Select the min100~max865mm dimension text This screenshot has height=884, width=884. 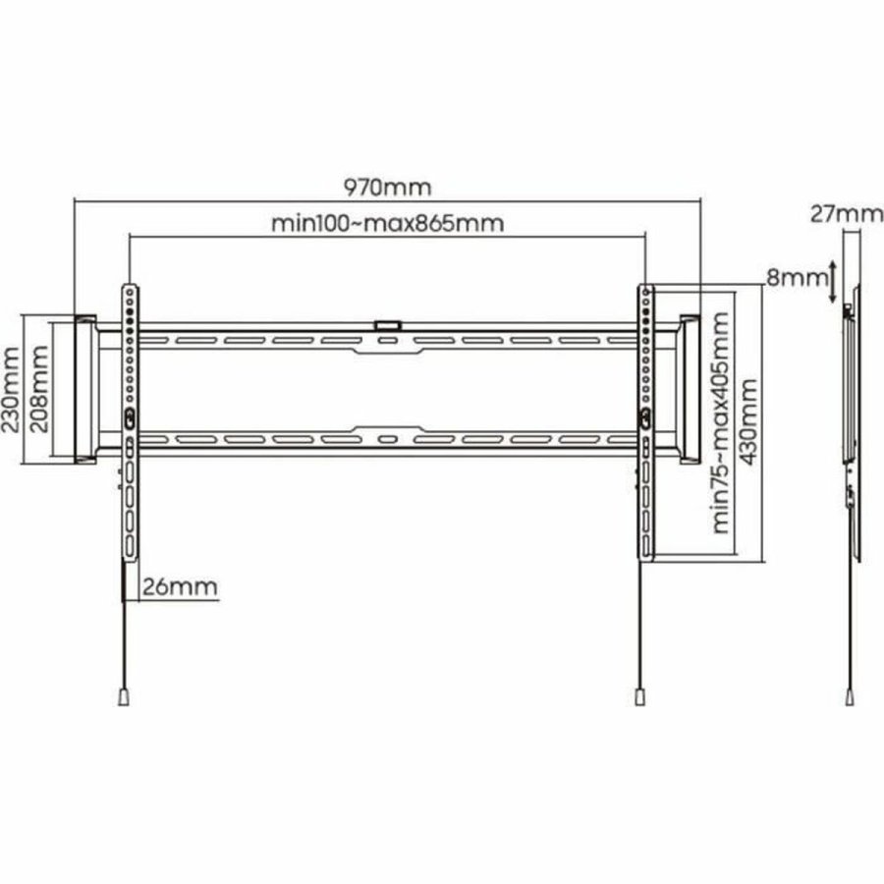(387, 223)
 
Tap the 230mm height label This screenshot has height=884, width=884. (11, 387)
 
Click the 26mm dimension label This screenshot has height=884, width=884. (180, 587)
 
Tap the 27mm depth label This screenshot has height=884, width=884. (847, 213)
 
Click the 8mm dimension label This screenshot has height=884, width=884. (797, 278)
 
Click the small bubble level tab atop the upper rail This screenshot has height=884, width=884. (387, 322)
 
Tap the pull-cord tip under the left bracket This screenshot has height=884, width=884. (124, 695)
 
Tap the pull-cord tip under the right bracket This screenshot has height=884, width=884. (639, 695)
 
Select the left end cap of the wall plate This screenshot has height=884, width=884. (84, 388)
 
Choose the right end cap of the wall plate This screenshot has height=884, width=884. (690, 388)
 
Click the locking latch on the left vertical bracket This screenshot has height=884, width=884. (130, 416)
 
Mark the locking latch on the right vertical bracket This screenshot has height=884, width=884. (644, 416)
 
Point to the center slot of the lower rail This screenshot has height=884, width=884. (387, 438)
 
